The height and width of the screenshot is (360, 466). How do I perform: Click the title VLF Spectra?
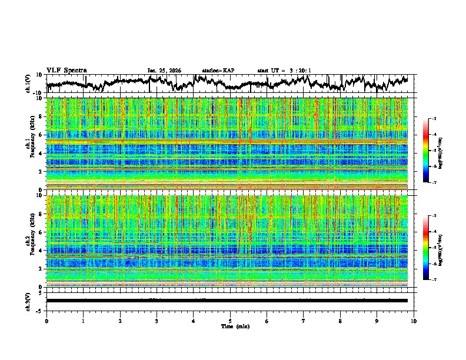click(x=66, y=70)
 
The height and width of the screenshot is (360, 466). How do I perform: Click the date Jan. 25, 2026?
click(x=164, y=71)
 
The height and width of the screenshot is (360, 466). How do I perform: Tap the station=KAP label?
click(x=218, y=71)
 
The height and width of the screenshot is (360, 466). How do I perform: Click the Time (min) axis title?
click(x=230, y=326)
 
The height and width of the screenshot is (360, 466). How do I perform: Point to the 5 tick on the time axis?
click(x=230, y=321)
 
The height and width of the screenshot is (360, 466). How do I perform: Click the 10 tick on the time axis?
click(x=414, y=321)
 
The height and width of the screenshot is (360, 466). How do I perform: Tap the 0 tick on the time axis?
click(x=46, y=321)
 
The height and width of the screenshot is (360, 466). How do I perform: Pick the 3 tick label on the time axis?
click(x=157, y=321)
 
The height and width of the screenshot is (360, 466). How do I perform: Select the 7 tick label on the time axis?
click(x=304, y=321)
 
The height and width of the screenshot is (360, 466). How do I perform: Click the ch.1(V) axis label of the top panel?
click(x=28, y=84)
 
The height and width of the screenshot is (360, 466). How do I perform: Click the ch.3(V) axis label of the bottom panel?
click(x=28, y=301)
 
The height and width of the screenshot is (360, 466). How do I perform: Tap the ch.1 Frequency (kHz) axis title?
click(x=29, y=144)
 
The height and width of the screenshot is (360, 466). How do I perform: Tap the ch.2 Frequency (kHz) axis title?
click(x=29, y=241)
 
